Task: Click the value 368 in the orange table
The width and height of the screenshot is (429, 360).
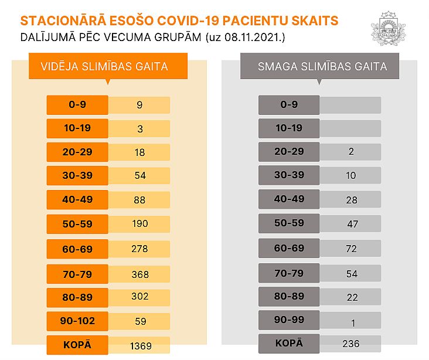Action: tap(139, 274)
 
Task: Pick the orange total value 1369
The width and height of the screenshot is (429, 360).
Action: tap(139, 346)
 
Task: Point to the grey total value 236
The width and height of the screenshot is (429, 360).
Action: tap(350, 344)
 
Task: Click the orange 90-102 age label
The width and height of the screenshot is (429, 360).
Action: tap(77, 321)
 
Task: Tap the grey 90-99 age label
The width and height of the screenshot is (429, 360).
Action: tap(289, 320)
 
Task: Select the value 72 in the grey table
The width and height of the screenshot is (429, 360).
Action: tap(350, 249)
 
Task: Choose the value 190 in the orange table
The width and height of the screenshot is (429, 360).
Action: tap(139, 223)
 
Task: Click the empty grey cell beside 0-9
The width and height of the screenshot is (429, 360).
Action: tap(350, 105)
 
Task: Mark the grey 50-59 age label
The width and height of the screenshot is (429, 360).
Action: tap(289, 223)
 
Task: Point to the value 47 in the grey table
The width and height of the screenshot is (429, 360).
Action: tap(350, 224)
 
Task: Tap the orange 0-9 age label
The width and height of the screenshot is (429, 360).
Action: tap(77, 105)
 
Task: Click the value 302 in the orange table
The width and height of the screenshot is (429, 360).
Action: tap(139, 297)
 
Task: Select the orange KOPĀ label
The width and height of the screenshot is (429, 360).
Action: tap(77, 345)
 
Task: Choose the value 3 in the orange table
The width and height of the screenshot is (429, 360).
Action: tap(139, 128)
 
